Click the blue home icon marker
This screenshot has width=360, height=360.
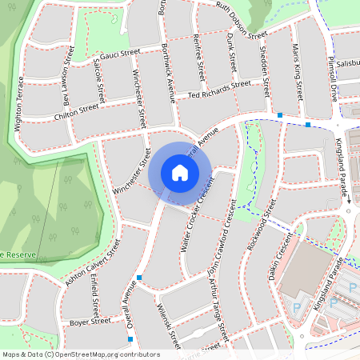click(180, 172)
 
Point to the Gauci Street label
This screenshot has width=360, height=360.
click(120, 54)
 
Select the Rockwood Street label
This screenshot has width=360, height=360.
click(262, 226)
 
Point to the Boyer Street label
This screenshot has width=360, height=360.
click(89, 322)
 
